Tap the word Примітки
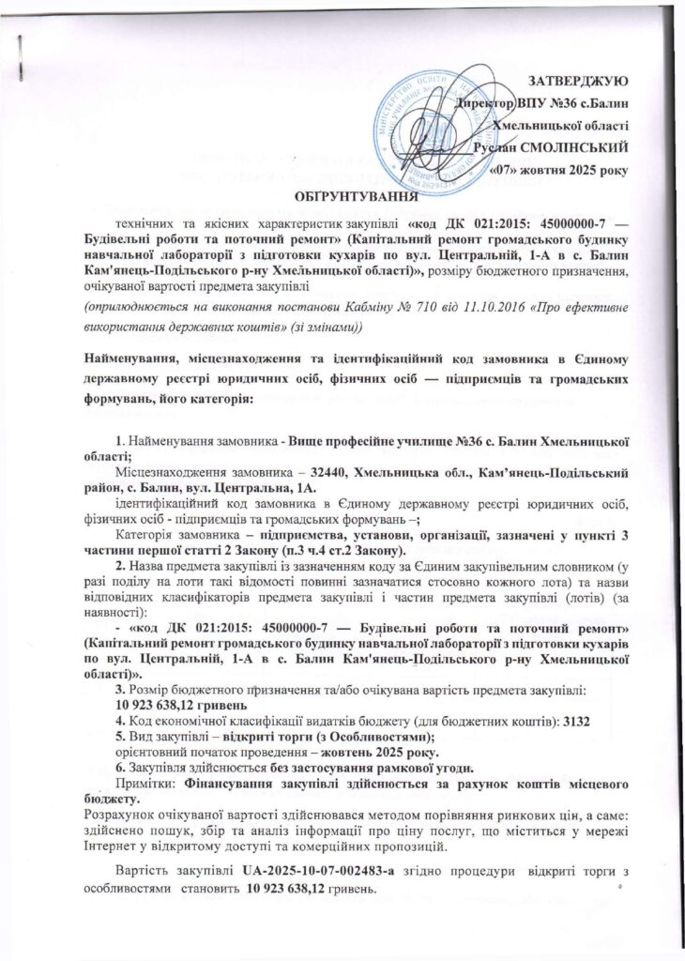point(142,782)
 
